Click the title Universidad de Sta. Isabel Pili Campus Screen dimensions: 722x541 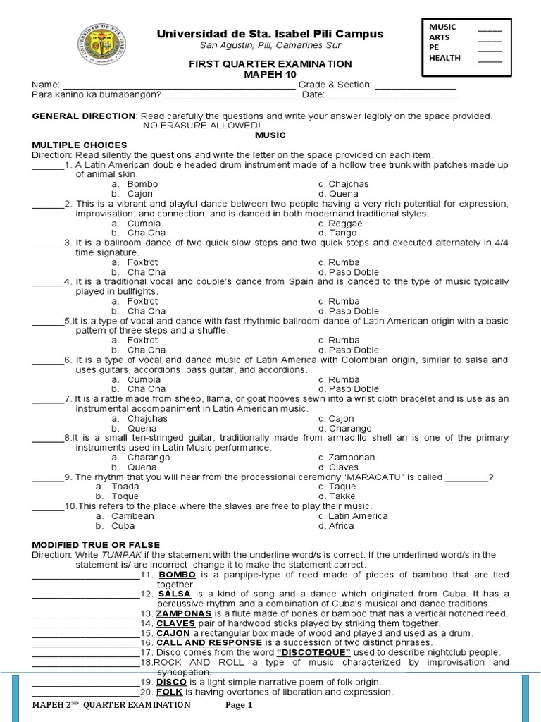click(x=270, y=34)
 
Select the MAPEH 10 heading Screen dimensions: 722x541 click(x=270, y=74)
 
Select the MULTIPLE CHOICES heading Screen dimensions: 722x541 click(x=69, y=145)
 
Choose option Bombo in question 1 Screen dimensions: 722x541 click(x=142, y=184)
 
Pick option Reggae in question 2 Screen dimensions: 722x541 click(x=345, y=224)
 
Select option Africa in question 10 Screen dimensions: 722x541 click(x=340, y=525)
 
